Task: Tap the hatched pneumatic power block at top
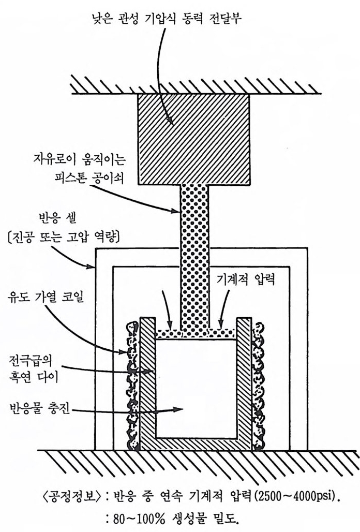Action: (193, 139)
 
